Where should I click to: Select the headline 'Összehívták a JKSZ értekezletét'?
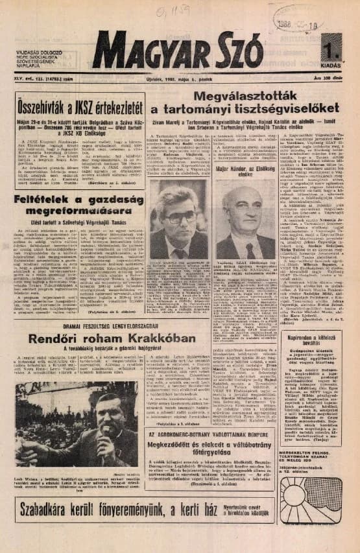coord(79,104)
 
